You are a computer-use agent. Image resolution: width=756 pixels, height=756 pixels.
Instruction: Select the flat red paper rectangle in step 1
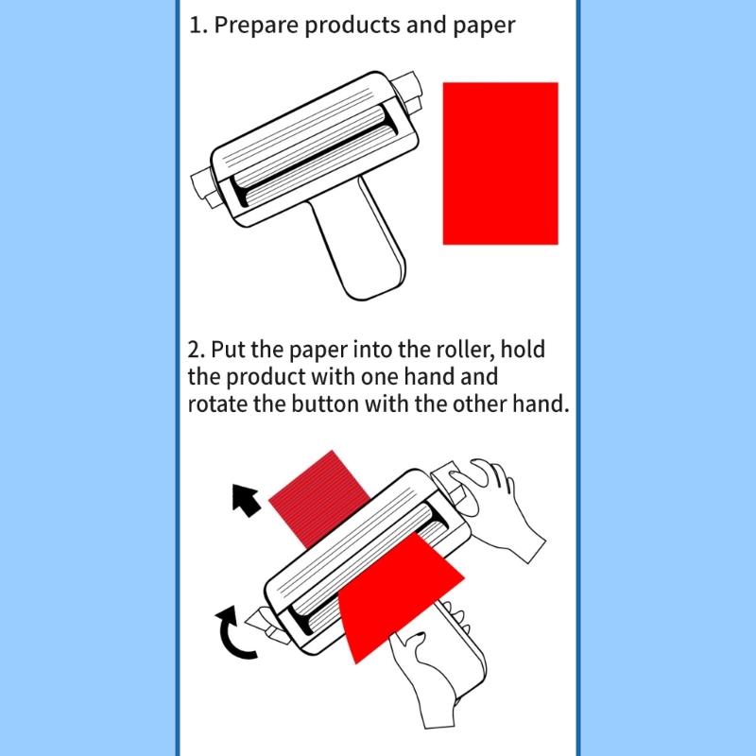click(500, 163)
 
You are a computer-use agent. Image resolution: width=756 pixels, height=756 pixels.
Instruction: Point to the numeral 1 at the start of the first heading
click(196, 25)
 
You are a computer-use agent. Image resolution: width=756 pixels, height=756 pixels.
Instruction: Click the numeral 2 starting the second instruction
click(196, 351)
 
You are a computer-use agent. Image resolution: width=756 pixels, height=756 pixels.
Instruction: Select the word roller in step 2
click(455, 351)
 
